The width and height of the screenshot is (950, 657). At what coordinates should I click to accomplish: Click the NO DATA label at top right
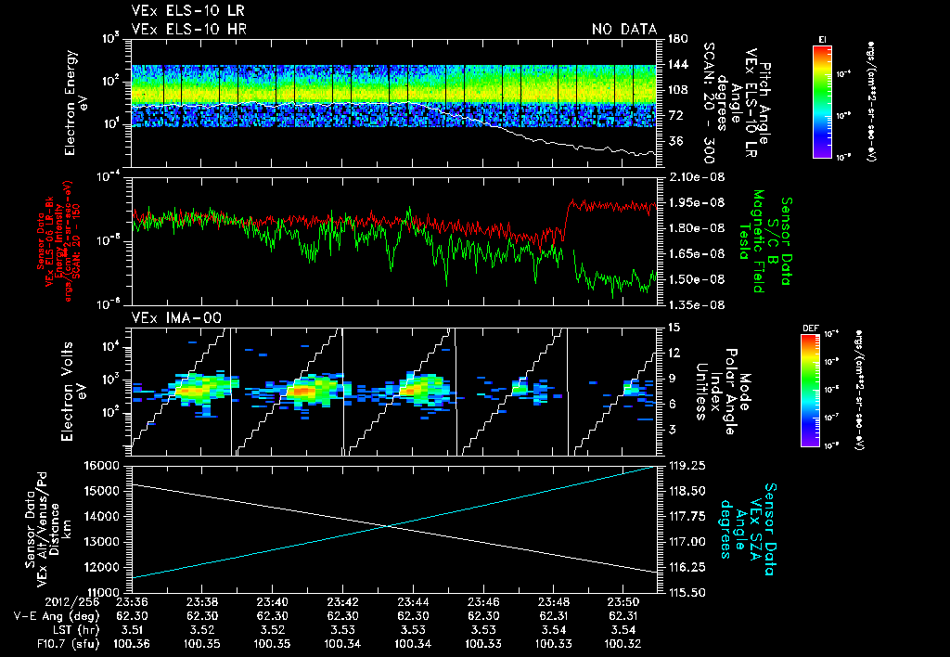click(624, 30)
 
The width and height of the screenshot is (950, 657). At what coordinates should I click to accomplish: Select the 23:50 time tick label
click(623, 601)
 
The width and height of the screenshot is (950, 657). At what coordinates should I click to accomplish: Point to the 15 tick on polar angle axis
click(673, 328)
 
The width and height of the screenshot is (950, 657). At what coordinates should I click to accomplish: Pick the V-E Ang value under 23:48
click(554, 615)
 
